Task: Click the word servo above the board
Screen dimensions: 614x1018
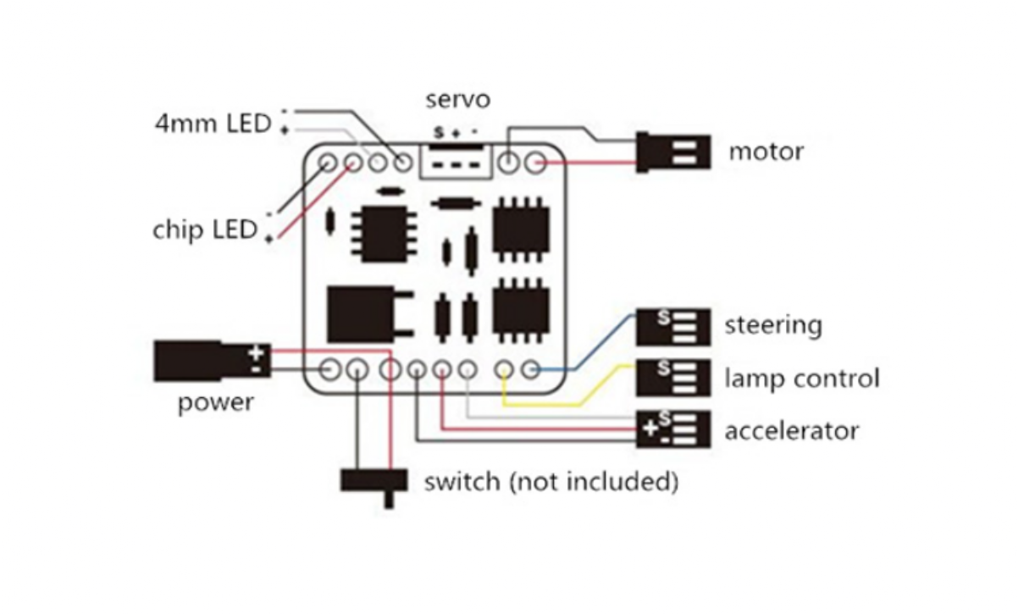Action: point(457,99)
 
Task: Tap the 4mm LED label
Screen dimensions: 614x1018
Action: point(213,124)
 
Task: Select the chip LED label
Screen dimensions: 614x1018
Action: point(204,230)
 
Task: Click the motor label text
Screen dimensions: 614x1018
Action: point(766,152)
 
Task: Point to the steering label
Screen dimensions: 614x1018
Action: point(772,325)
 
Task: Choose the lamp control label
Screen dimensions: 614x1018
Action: point(801,379)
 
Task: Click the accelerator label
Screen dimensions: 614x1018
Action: point(791,431)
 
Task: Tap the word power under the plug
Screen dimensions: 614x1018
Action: point(215,403)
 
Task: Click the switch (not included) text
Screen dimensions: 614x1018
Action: point(551,483)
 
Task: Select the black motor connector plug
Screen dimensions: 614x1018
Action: point(673,152)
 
